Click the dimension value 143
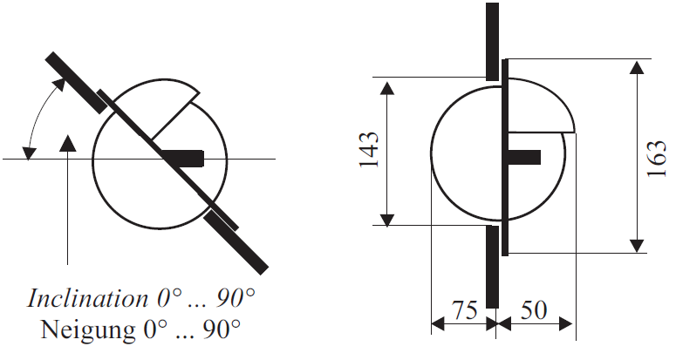pyautogui.click(x=369, y=150)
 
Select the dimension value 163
pyautogui.click(x=657, y=157)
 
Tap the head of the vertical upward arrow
pyautogui.click(x=66, y=143)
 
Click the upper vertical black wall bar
pyautogui.click(x=493, y=39)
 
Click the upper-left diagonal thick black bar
pyautogui.click(x=77, y=81)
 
